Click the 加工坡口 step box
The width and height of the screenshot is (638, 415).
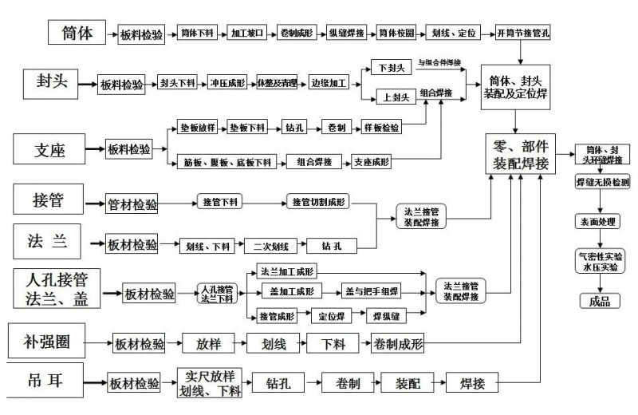[246, 34]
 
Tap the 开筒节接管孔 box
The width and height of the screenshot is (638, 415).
[522, 34]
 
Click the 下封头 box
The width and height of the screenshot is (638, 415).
[392, 69]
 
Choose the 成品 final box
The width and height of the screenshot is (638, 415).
[599, 301]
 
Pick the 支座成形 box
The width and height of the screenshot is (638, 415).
[372, 162]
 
